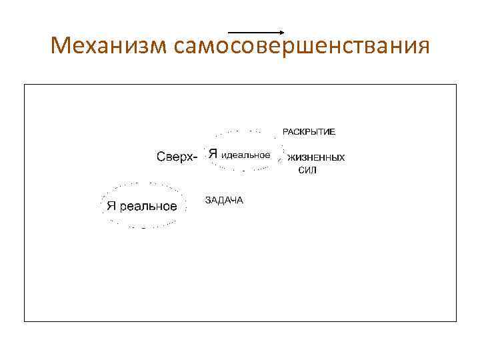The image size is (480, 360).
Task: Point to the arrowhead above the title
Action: coord(283,32)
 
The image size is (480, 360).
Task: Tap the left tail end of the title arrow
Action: coord(229,32)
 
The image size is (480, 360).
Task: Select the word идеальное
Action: coord(245,155)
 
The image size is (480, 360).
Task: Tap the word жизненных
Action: coord(316,158)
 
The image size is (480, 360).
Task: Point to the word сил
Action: coord(307,171)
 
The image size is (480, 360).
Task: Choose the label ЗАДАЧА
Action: coord(224,200)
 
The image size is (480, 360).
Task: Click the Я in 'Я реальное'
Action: coord(111,206)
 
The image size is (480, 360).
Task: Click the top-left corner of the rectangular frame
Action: coord(25,85)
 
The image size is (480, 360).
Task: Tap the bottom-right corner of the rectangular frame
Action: coord(456,321)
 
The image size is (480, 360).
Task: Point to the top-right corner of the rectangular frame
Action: coord(456,85)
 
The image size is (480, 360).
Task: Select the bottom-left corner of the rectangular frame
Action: coord(25,321)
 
